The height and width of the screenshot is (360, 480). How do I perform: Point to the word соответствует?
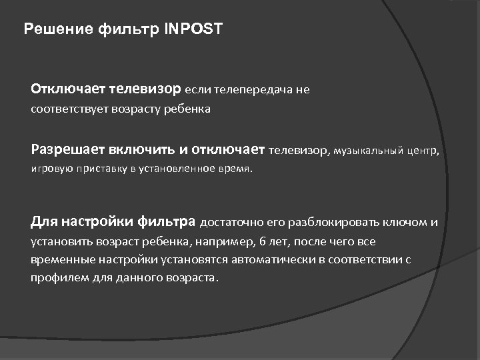tap(63, 109)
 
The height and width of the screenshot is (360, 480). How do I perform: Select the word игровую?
tap(48, 169)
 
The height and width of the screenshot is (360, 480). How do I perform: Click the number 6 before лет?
tap(262, 241)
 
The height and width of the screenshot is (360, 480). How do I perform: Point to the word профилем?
tap(53, 277)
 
